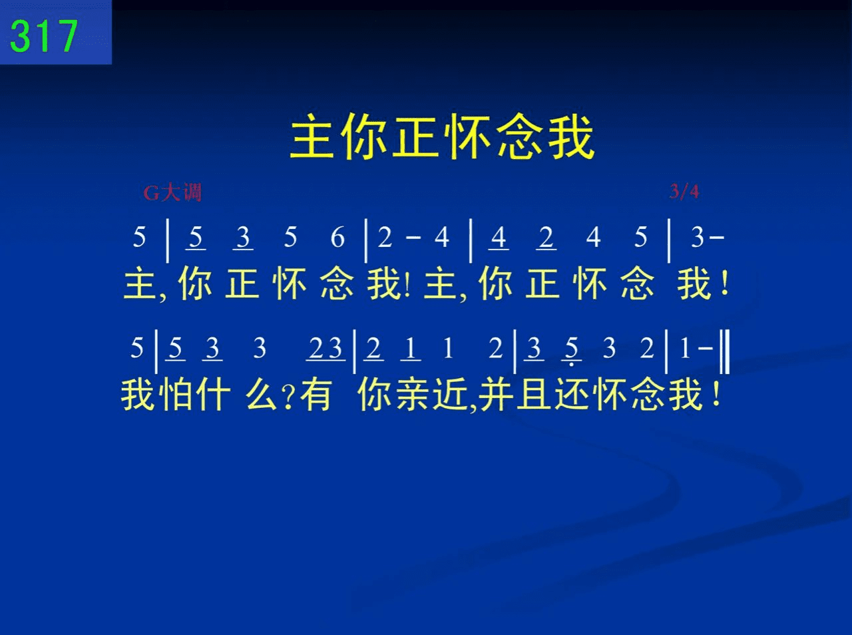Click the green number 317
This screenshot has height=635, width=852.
click(x=44, y=36)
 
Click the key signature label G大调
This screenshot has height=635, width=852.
click(x=172, y=192)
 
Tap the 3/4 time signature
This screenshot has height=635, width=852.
click(x=684, y=191)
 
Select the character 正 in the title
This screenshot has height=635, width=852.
click(x=417, y=136)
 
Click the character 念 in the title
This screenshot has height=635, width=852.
click(x=520, y=136)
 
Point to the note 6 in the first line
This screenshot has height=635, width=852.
click(x=337, y=237)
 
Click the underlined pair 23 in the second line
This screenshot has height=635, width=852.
click(x=325, y=348)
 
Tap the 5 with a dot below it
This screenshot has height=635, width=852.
click(x=571, y=350)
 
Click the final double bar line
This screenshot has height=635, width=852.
click(x=725, y=351)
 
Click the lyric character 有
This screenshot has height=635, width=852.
click(x=316, y=394)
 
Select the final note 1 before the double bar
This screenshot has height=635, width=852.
click(x=685, y=348)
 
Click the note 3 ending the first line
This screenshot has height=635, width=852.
click(x=698, y=237)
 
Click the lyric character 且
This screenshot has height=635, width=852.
click(x=534, y=394)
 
